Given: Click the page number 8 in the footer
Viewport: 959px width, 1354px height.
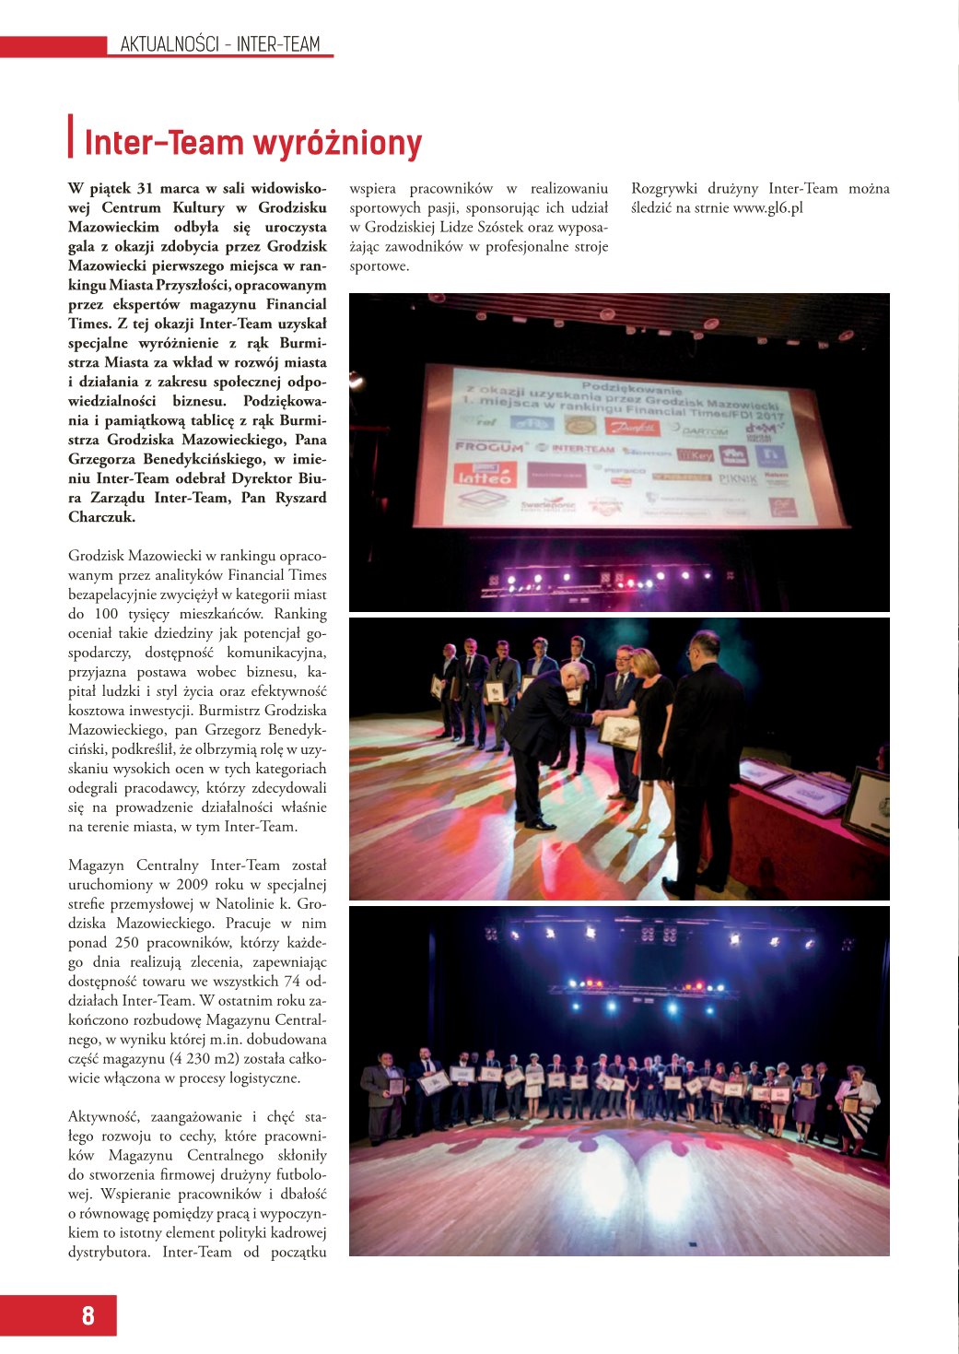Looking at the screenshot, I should [88, 1315].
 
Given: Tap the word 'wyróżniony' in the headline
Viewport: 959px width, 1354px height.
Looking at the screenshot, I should [337, 144].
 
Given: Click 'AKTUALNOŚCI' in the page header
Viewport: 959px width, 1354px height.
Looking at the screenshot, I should [170, 44].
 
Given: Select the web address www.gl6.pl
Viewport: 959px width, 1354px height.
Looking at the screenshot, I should [767, 208].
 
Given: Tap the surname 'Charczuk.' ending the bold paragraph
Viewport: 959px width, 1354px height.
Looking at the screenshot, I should [101, 517].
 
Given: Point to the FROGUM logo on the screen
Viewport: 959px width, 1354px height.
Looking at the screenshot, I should [489, 446].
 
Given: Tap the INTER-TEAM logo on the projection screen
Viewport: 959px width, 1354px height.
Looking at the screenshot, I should [582, 449].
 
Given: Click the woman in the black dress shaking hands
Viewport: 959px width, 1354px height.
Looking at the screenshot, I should [651, 728].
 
